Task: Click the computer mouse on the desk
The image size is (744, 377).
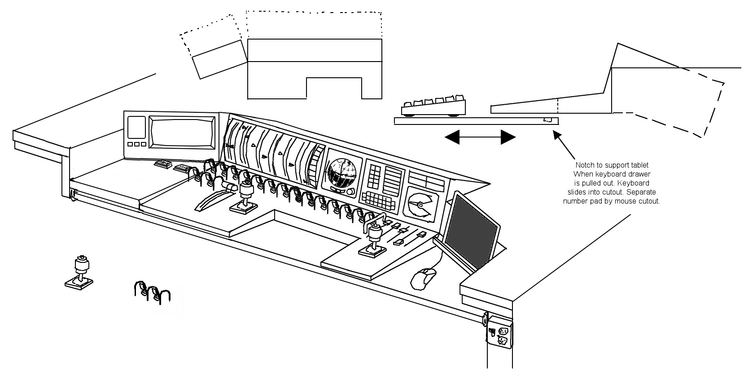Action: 423,279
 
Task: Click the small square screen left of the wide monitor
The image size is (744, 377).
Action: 136,127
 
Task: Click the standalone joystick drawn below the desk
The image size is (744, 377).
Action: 80,271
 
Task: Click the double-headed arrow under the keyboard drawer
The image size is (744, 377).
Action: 480,137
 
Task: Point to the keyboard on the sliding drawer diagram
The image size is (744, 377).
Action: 433,106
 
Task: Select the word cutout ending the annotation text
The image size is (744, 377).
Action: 649,201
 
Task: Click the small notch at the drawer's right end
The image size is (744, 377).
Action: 547,120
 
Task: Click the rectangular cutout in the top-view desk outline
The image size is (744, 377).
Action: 333,88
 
